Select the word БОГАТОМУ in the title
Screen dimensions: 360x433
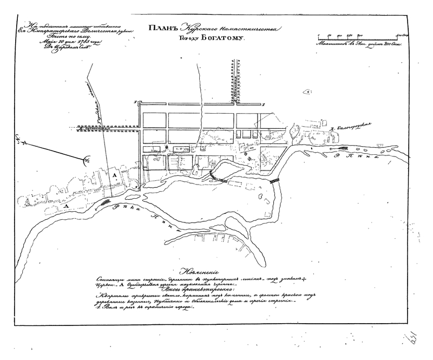225,40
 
